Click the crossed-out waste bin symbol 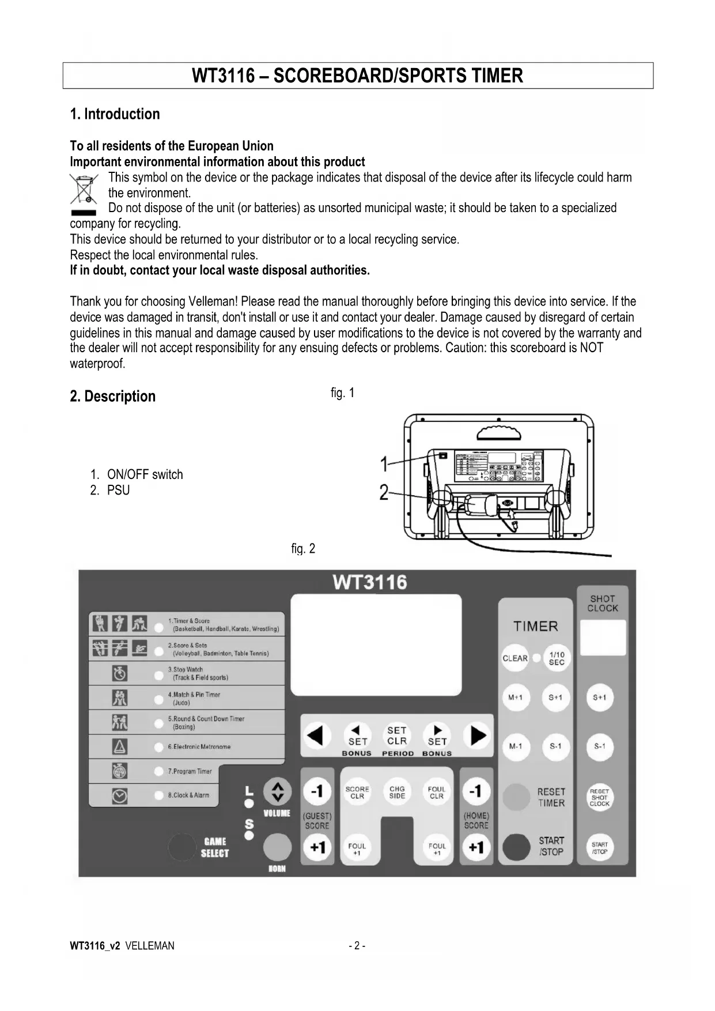click(x=84, y=190)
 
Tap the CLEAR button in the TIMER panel click(x=515, y=658)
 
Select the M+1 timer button click(x=515, y=697)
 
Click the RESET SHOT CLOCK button click(x=600, y=798)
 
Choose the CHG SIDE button click(x=397, y=793)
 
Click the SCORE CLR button click(x=357, y=793)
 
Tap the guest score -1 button click(x=317, y=791)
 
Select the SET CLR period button click(x=397, y=736)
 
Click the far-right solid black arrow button click(x=478, y=735)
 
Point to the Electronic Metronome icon click(x=120, y=747)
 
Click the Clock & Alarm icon click(x=120, y=796)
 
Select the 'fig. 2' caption click(x=303, y=549)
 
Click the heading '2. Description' click(x=113, y=397)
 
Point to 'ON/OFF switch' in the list click(x=145, y=474)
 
